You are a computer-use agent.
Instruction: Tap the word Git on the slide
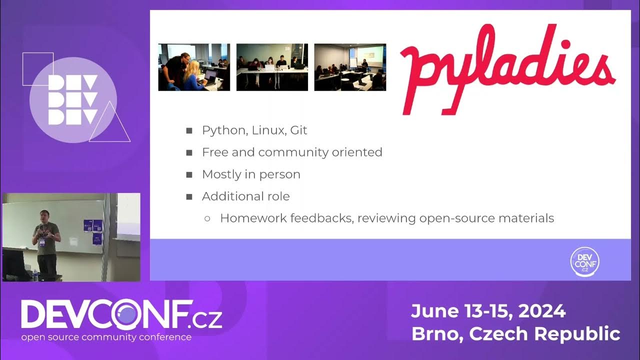pyautogui.click(x=298, y=130)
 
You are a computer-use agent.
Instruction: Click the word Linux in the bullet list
pyautogui.click(x=268, y=130)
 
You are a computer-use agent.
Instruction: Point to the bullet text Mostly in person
pyautogui.click(x=251, y=174)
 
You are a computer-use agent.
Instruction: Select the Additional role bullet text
pyautogui.click(x=245, y=196)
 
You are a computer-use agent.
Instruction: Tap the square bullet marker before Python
pyautogui.click(x=189, y=131)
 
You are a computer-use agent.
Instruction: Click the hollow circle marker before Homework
pyautogui.click(x=207, y=219)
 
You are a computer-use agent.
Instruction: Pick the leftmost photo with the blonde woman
pyautogui.click(x=194, y=67)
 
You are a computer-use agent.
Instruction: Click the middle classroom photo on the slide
pyautogui.click(x=272, y=67)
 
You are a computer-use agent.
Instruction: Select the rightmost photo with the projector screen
pyautogui.click(x=350, y=67)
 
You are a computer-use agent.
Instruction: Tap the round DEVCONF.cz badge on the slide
pyautogui.click(x=584, y=261)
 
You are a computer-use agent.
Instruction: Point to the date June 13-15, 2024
pyautogui.click(x=488, y=311)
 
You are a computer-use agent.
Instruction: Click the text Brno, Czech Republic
pyautogui.click(x=515, y=333)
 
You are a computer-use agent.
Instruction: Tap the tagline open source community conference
pyautogui.click(x=106, y=337)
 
